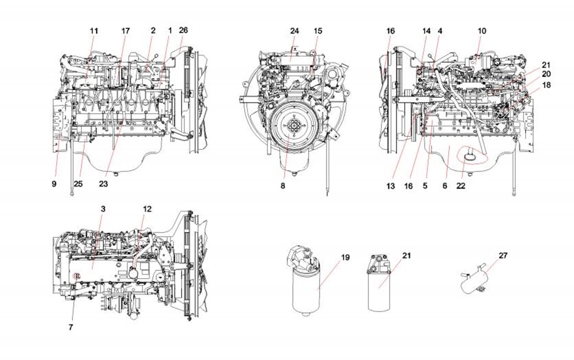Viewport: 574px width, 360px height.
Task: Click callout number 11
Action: click(x=93, y=31)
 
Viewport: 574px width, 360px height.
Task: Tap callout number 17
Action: click(x=125, y=31)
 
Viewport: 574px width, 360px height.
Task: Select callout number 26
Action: click(x=183, y=31)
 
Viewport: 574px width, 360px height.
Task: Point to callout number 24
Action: click(x=294, y=31)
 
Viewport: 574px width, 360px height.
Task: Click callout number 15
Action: click(x=318, y=31)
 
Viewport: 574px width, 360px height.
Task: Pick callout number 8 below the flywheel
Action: click(x=283, y=186)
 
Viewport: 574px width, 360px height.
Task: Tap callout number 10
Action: click(x=482, y=31)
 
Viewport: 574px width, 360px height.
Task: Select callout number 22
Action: click(x=461, y=186)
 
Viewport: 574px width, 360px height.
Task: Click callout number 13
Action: click(x=390, y=186)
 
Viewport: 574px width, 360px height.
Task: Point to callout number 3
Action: click(x=103, y=209)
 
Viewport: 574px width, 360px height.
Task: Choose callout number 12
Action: click(x=146, y=209)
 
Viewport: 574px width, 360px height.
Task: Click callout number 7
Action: click(x=70, y=327)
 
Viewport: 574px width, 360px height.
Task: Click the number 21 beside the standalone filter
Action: click(x=406, y=256)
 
